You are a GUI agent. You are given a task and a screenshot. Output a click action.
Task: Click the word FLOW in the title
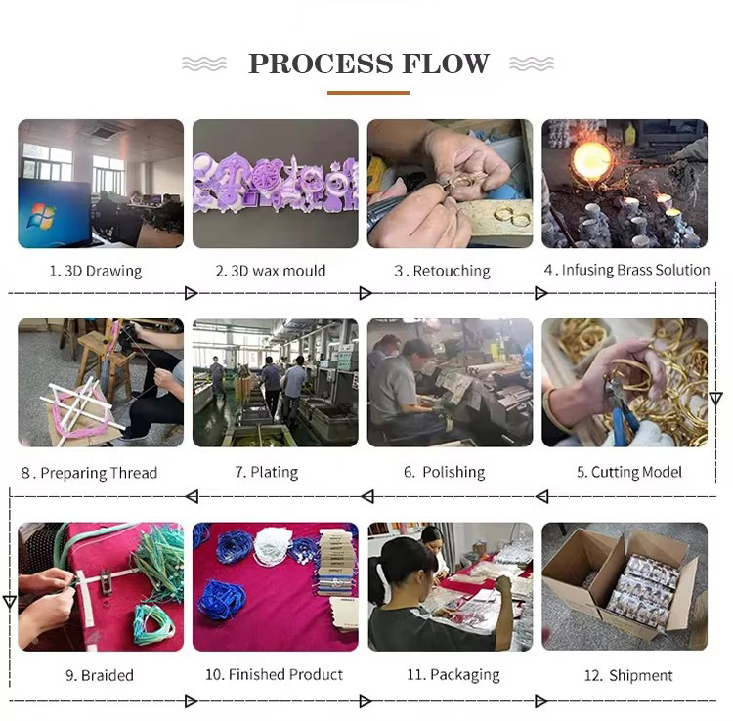tap(446, 64)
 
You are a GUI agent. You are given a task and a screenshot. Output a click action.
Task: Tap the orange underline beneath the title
tap(368, 93)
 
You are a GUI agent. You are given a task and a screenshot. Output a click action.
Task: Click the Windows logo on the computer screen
tap(41, 215)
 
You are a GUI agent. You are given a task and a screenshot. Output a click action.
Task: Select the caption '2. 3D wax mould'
tap(271, 271)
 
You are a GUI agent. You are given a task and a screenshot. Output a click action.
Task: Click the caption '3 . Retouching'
tap(442, 271)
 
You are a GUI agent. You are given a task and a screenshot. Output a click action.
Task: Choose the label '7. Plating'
tap(267, 472)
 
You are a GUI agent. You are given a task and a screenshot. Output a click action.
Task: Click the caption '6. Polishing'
tap(444, 472)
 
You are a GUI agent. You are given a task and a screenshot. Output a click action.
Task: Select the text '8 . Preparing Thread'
tap(89, 473)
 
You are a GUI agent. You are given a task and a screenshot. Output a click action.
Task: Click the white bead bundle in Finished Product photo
tap(273, 546)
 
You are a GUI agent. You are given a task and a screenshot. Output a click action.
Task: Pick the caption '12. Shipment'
tap(628, 675)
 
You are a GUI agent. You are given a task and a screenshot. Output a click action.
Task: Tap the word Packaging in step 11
tap(464, 675)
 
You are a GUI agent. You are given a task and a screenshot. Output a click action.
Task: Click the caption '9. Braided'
tap(100, 675)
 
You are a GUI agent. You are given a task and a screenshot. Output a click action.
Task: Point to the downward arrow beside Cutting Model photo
tap(715, 399)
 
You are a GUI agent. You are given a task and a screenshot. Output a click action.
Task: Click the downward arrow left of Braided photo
tap(10, 602)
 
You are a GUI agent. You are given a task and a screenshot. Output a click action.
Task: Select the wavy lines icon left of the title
tap(204, 64)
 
